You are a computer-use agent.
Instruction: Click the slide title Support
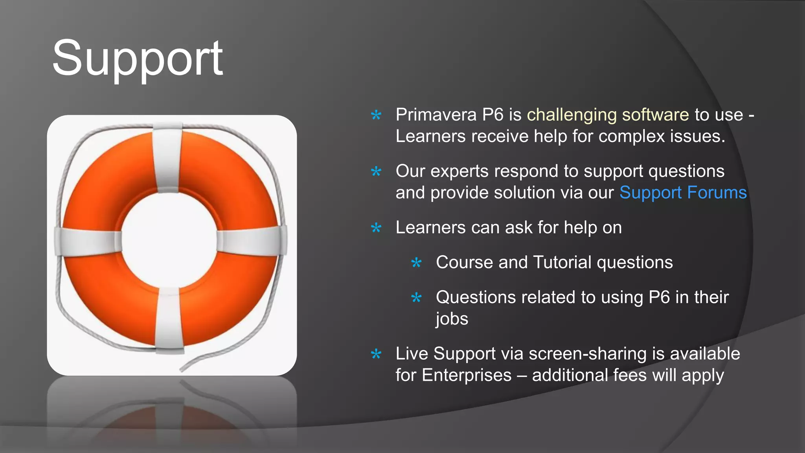(138, 59)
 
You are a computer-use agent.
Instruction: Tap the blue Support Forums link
(683, 193)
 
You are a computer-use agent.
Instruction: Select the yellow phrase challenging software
(608, 115)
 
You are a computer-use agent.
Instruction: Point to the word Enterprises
(467, 375)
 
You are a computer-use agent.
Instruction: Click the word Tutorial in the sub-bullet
(562, 262)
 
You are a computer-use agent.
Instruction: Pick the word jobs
(452, 319)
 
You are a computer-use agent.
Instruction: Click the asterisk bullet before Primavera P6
(376, 115)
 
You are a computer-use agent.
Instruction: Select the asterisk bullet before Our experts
(376, 171)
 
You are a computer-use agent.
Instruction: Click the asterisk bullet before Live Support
(376, 354)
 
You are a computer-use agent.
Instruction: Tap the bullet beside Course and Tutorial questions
(416, 263)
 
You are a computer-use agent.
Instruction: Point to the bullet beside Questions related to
(416, 298)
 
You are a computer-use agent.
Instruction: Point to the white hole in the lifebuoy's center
(169, 240)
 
